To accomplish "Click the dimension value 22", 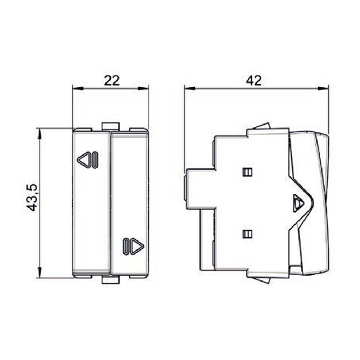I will click(x=112, y=80).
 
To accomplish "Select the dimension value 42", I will click(x=254, y=80).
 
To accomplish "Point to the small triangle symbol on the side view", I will click(x=298, y=203).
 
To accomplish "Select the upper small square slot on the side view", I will click(x=247, y=172).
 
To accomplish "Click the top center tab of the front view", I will click(x=111, y=126).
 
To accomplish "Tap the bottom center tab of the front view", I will click(x=111, y=280).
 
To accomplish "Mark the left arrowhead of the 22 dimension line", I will click(x=78, y=88).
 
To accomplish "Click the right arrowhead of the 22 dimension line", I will click(x=144, y=88).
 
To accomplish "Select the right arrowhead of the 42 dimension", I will click(x=324, y=88).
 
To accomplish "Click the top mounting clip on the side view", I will click(x=261, y=126).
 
